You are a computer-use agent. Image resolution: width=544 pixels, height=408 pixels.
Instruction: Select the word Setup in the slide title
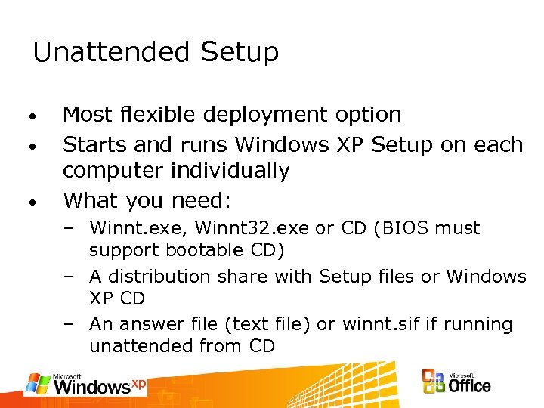240,53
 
